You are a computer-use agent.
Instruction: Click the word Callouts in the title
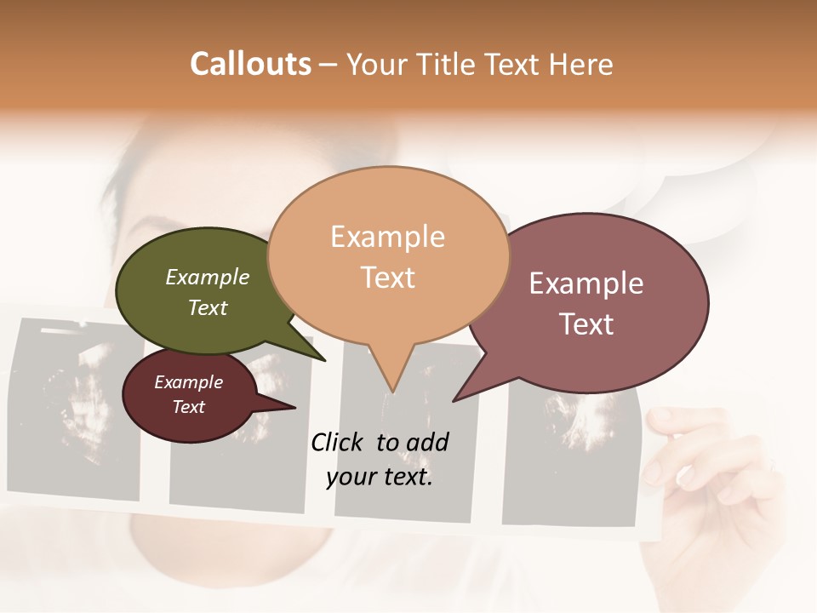click(250, 64)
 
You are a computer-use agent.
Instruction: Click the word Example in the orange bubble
click(388, 237)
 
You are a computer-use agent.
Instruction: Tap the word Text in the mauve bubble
click(587, 324)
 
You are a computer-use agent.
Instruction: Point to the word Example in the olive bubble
click(208, 278)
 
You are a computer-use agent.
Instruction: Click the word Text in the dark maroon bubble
click(188, 407)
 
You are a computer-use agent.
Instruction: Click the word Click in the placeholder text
click(338, 442)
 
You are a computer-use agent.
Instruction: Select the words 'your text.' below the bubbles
click(380, 478)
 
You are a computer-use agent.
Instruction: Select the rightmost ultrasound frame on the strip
click(570, 460)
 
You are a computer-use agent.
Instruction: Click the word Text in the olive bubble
click(208, 308)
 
